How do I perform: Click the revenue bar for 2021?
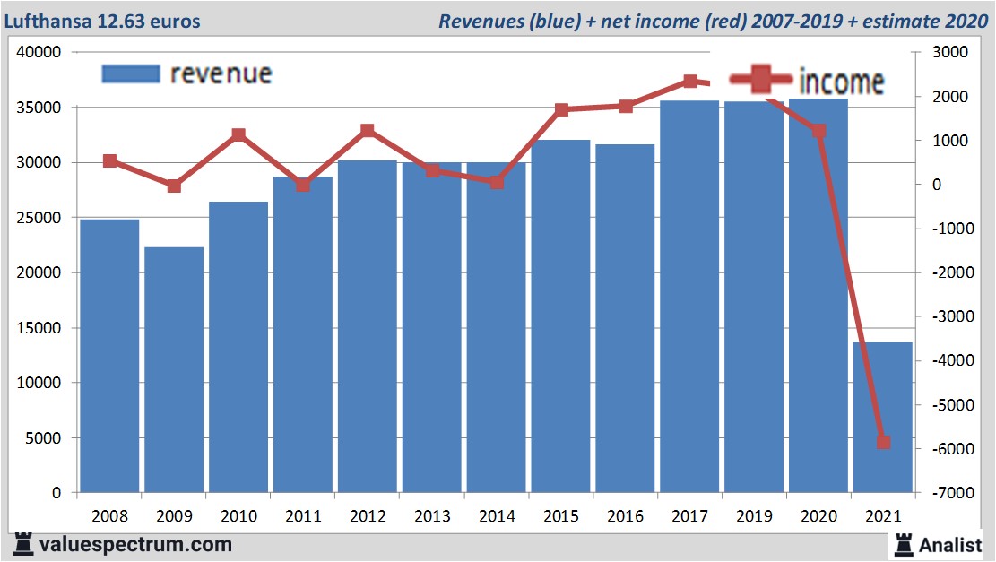tap(882, 417)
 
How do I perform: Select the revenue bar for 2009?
tap(174, 369)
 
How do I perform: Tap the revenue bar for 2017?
tap(689, 296)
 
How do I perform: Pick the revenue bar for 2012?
tap(368, 326)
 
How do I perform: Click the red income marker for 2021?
tap(883, 442)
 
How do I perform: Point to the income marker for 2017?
tap(690, 82)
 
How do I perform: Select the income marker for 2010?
tap(238, 135)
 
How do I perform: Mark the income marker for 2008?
tap(109, 161)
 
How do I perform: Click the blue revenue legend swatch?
tap(131, 73)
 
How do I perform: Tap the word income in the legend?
tap(841, 82)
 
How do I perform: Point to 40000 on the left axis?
tap(39, 52)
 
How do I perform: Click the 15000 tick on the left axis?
tap(39, 328)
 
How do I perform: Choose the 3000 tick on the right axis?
tap(950, 52)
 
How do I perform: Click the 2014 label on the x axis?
tap(497, 516)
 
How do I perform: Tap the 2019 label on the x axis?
tap(754, 516)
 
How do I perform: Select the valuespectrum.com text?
tap(134, 544)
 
